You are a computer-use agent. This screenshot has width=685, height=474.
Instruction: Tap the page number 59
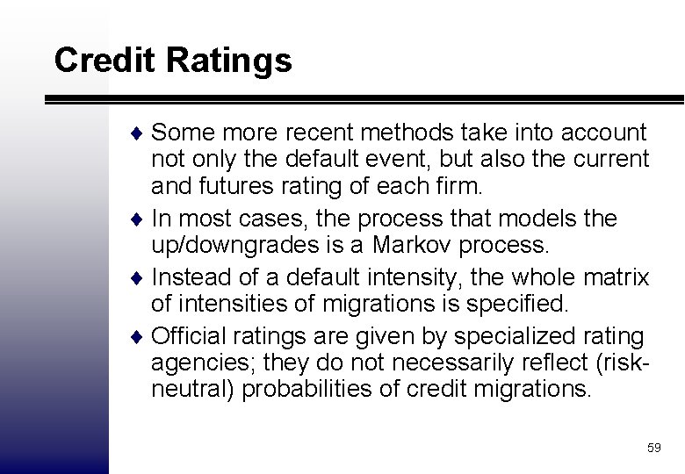pyautogui.click(x=653, y=448)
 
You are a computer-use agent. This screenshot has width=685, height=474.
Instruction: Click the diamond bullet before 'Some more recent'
pyautogui.click(x=142, y=133)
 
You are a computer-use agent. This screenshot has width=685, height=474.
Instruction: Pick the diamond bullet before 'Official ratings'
pyautogui.click(x=142, y=337)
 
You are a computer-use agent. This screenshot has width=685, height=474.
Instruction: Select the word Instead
pyautogui.click(x=184, y=277)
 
